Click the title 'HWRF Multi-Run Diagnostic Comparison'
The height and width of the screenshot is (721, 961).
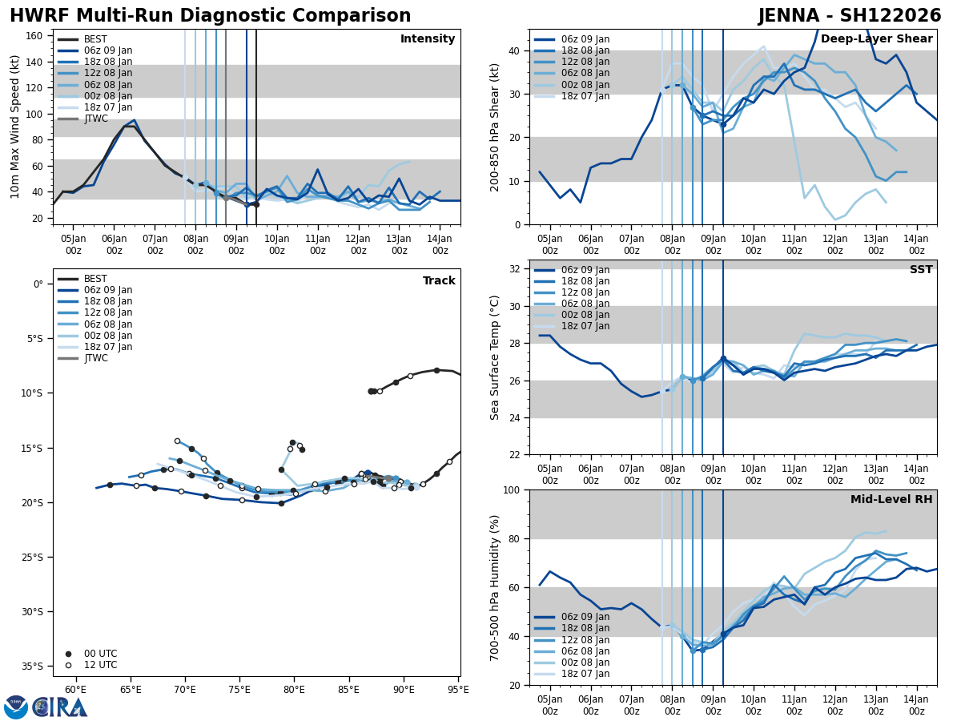tap(210, 16)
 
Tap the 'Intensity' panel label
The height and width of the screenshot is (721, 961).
tap(427, 39)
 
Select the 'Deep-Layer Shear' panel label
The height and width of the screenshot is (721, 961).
tap(876, 39)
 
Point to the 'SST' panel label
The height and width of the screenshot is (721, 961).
tap(920, 270)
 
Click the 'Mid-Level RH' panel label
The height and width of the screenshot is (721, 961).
tap(891, 500)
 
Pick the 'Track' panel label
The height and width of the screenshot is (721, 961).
tap(439, 281)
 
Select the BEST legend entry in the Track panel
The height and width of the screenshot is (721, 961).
tap(95, 279)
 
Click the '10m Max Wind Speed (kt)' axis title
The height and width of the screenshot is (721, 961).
tap(15, 127)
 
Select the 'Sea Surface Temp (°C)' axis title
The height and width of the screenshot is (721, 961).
tap(496, 357)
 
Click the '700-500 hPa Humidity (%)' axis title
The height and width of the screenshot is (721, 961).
tap(496, 587)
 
